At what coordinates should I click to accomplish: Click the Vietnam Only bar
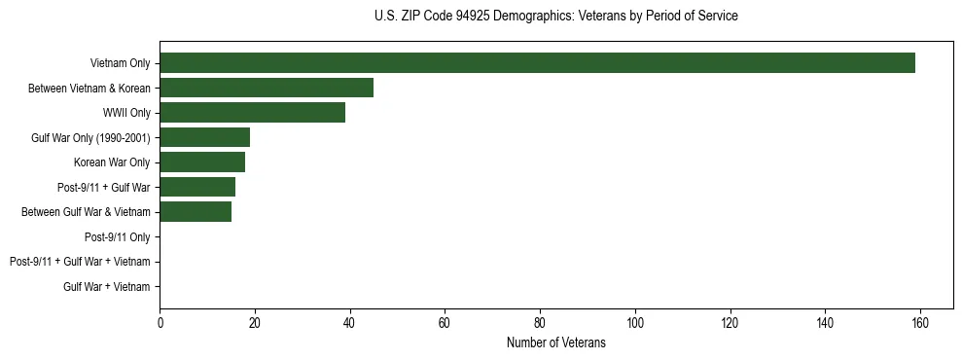point(537,63)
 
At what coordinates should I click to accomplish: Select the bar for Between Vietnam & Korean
point(267,89)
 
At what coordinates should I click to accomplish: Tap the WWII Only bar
point(252,113)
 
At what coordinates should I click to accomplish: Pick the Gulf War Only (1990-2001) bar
point(204,137)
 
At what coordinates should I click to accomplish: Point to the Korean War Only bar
point(202,162)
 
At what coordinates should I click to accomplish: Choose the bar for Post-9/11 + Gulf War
point(197,187)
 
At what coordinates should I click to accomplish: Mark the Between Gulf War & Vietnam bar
point(196,212)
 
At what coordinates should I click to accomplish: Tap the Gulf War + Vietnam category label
point(107,286)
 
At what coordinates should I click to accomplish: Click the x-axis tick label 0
point(160,323)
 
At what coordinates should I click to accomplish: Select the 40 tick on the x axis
point(349,323)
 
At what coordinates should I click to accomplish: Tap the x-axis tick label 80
point(540,323)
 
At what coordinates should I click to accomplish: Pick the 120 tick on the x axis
point(730,323)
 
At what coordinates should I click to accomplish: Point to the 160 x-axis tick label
point(920,323)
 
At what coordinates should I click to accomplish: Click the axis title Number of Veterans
point(556,342)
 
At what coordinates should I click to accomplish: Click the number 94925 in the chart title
point(473,17)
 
